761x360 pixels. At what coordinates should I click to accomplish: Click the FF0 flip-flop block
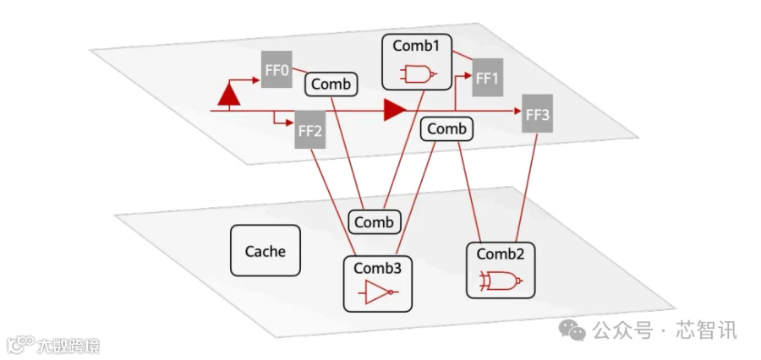[276, 69]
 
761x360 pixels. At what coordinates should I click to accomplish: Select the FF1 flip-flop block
[487, 78]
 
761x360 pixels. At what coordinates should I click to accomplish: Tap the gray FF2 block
[310, 130]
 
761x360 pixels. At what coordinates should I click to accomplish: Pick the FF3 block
[537, 113]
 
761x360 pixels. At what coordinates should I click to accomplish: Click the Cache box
[265, 251]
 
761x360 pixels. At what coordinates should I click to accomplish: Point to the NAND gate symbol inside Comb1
[418, 74]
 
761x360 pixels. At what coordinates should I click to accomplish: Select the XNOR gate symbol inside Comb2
[501, 281]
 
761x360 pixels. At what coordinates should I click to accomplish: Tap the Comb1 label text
[416, 46]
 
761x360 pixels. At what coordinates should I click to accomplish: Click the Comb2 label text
[501, 254]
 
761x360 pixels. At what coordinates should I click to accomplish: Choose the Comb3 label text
[378, 268]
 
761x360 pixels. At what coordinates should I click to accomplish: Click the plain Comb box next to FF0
[331, 85]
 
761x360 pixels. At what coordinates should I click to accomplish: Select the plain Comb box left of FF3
[446, 129]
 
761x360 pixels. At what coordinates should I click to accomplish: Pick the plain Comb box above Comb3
[375, 222]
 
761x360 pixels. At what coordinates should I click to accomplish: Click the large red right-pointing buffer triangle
[395, 111]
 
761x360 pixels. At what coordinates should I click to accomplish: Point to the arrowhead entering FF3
[517, 111]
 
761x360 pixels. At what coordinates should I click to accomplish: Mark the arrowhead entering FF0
[257, 79]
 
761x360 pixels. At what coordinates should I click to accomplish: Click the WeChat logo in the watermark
[572, 330]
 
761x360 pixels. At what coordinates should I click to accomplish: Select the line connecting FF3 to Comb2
[527, 188]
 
